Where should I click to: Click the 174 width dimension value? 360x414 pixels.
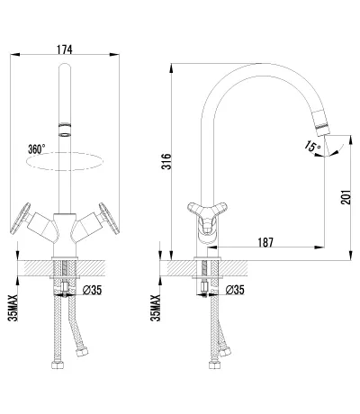click(65, 49)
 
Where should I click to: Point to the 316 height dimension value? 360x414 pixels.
click(166, 161)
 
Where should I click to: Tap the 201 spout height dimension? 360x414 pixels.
click(346, 197)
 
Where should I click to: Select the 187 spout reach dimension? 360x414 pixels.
click(265, 242)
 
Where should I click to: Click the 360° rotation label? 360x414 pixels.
click(37, 148)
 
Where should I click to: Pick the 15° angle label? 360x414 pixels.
click(312, 146)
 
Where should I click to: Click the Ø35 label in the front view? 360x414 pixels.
click(92, 290)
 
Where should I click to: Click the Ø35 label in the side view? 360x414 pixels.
click(235, 290)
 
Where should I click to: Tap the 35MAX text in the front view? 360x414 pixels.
click(13, 308)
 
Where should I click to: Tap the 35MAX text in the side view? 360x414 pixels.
click(156, 308)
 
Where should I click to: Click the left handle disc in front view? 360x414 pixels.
click(21, 218)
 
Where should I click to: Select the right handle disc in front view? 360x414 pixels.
click(109, 218)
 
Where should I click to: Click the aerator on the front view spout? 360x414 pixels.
click(65, 130)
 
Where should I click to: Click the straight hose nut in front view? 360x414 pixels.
click(58, 365)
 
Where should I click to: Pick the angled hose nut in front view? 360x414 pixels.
click(82, 352)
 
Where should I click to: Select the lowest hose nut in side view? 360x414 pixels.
click(214, 365)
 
